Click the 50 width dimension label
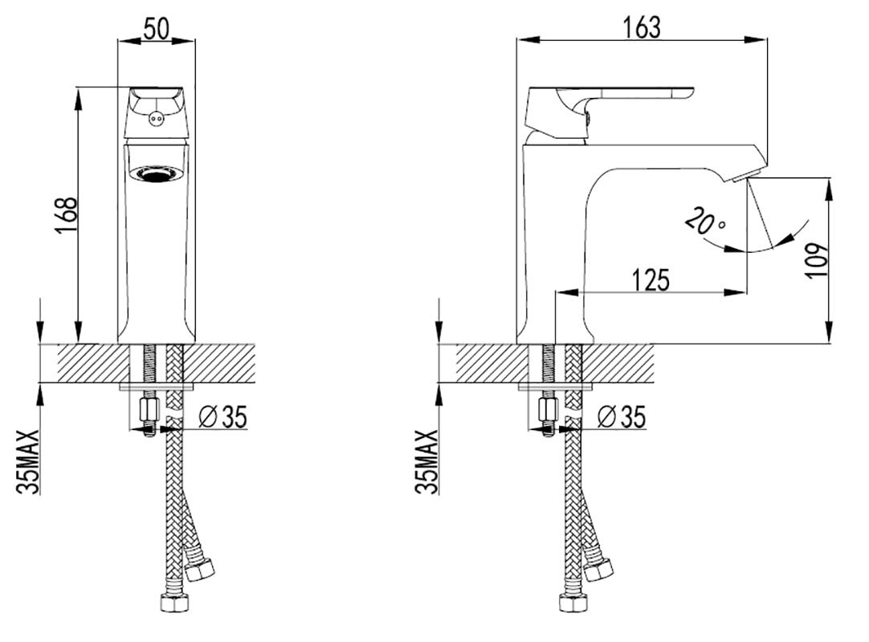point(156,28)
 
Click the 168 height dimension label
point(66,216)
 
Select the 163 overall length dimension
point(642,28)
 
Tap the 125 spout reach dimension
point(651,280)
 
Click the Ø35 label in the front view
point(222,417)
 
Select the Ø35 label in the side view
point(622,416)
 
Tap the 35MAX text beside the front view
point(28,461)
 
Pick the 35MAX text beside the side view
point(426,461)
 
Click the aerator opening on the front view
point(157,174)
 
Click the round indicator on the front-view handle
point(156,118)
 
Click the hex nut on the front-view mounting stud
point(149,408)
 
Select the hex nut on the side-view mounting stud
point(548,408)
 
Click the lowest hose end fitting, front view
point(174,603)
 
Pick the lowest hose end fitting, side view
point(573,603)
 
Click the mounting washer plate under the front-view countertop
point(157,386)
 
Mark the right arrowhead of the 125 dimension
point(736,292)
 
